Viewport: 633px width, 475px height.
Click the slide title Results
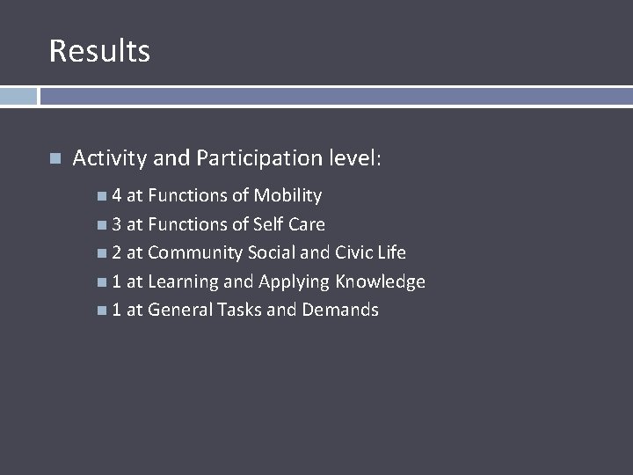(99, 50)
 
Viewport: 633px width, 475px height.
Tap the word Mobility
(287, 195)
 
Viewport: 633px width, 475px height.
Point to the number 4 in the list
(117, 195)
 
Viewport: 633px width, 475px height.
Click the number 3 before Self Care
(117, 224)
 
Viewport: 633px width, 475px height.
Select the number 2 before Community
(117, 252)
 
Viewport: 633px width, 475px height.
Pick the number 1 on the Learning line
(117, 281)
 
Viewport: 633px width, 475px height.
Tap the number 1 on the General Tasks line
(117, 310)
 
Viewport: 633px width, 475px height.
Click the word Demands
(340, 310)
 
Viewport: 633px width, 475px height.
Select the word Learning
(182, 281)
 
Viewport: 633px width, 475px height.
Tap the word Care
(307, 224)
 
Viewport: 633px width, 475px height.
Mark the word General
(179, 310)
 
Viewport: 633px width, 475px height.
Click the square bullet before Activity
(55, 159)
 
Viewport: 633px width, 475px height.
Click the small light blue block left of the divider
(18, 96)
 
